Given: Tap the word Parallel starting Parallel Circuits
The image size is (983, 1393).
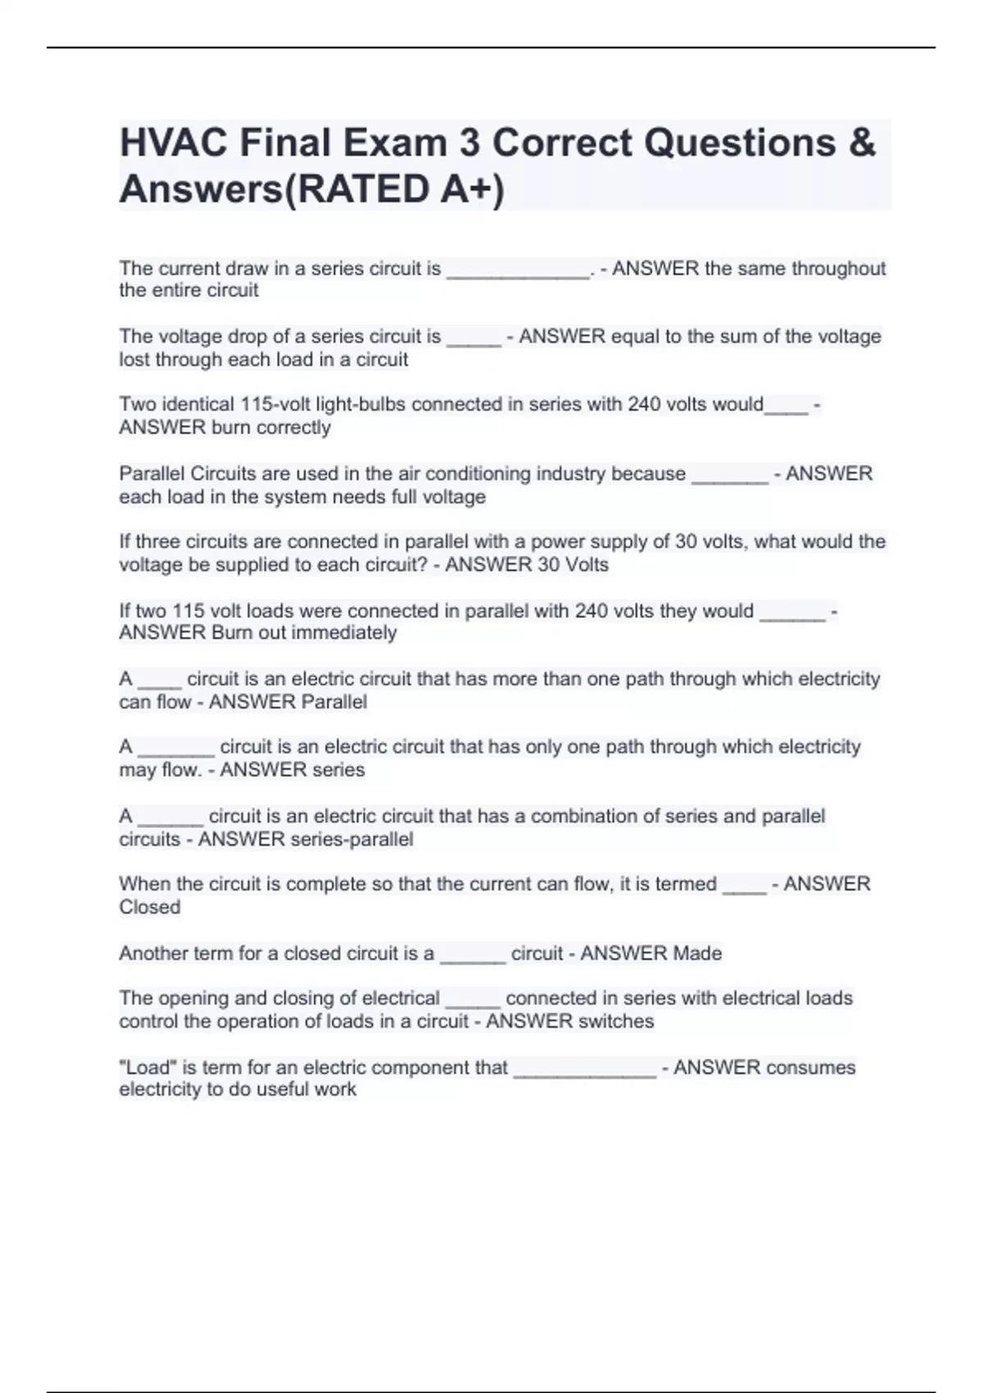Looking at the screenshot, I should (x=152, y=474).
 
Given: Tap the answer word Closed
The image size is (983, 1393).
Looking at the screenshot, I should (x=150, y=907).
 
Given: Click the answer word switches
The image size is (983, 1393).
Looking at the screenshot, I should (x=615, y=1021).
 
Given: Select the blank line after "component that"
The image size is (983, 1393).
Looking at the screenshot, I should (x=585, y=1072).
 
